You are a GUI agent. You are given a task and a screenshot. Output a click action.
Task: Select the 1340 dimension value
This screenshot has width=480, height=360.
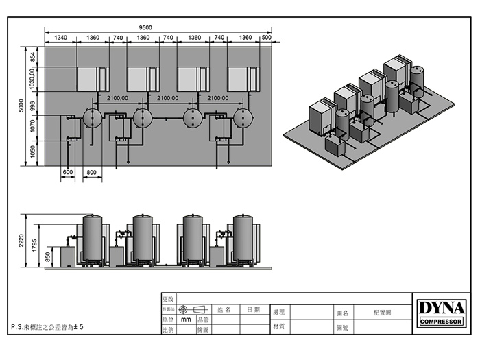click(x=61, y=37)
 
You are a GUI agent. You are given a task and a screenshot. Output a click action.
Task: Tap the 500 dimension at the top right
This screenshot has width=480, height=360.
click(x=267, y=37)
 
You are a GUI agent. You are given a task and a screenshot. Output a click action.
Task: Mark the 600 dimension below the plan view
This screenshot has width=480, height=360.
click(x=68, y=171)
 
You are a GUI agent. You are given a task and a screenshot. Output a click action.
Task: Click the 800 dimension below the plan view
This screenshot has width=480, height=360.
click(x=92, y=171)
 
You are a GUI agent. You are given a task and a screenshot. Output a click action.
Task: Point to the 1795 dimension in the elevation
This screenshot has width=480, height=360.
click(x=33, y=246)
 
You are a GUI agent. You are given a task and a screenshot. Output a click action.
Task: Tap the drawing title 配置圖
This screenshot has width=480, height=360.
click(x=383, y=312)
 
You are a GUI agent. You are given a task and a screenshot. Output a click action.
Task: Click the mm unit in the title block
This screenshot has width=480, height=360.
click(x=186, y=320)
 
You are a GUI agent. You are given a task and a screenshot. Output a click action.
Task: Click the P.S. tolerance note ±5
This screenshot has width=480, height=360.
click(x=48, y=328)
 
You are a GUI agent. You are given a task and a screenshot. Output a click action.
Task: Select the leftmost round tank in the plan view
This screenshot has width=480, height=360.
click(x=92, y=117)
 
